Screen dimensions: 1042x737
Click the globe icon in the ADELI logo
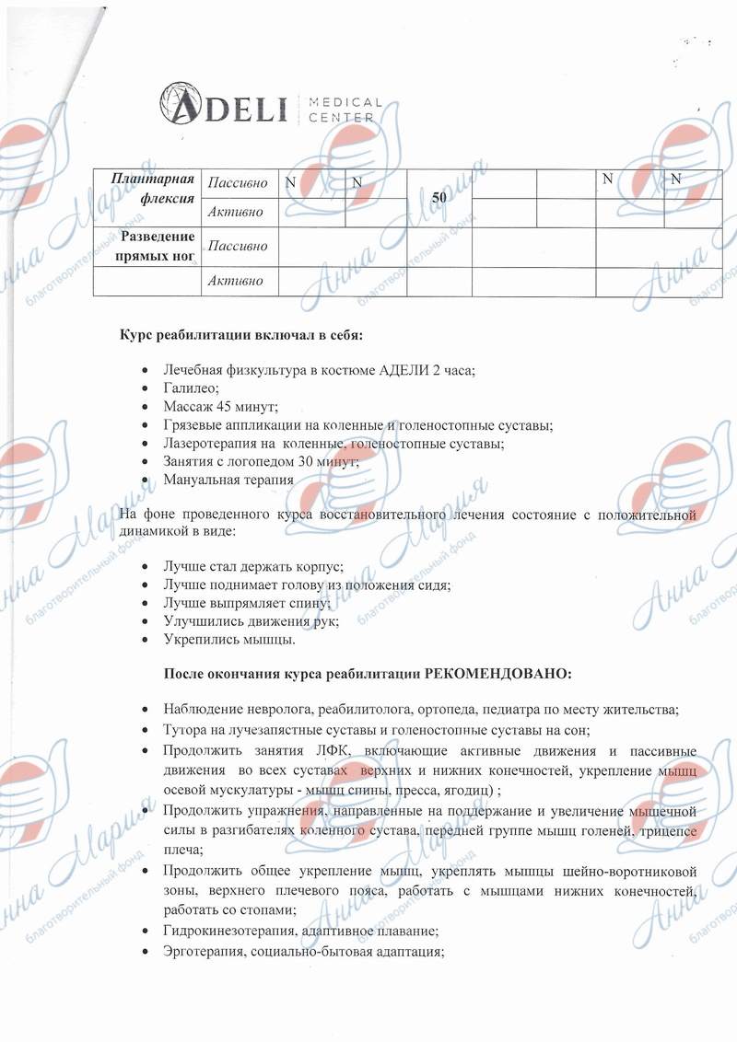[178, 103]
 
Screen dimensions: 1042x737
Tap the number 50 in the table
[439, 197]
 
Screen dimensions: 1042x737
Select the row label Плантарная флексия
[152, 188]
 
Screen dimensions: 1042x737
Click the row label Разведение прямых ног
[152, 246]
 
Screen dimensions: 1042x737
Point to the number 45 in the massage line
[226, 406]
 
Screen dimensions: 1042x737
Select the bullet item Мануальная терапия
[228, 480]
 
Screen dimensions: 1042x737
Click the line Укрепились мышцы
[229, 638]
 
